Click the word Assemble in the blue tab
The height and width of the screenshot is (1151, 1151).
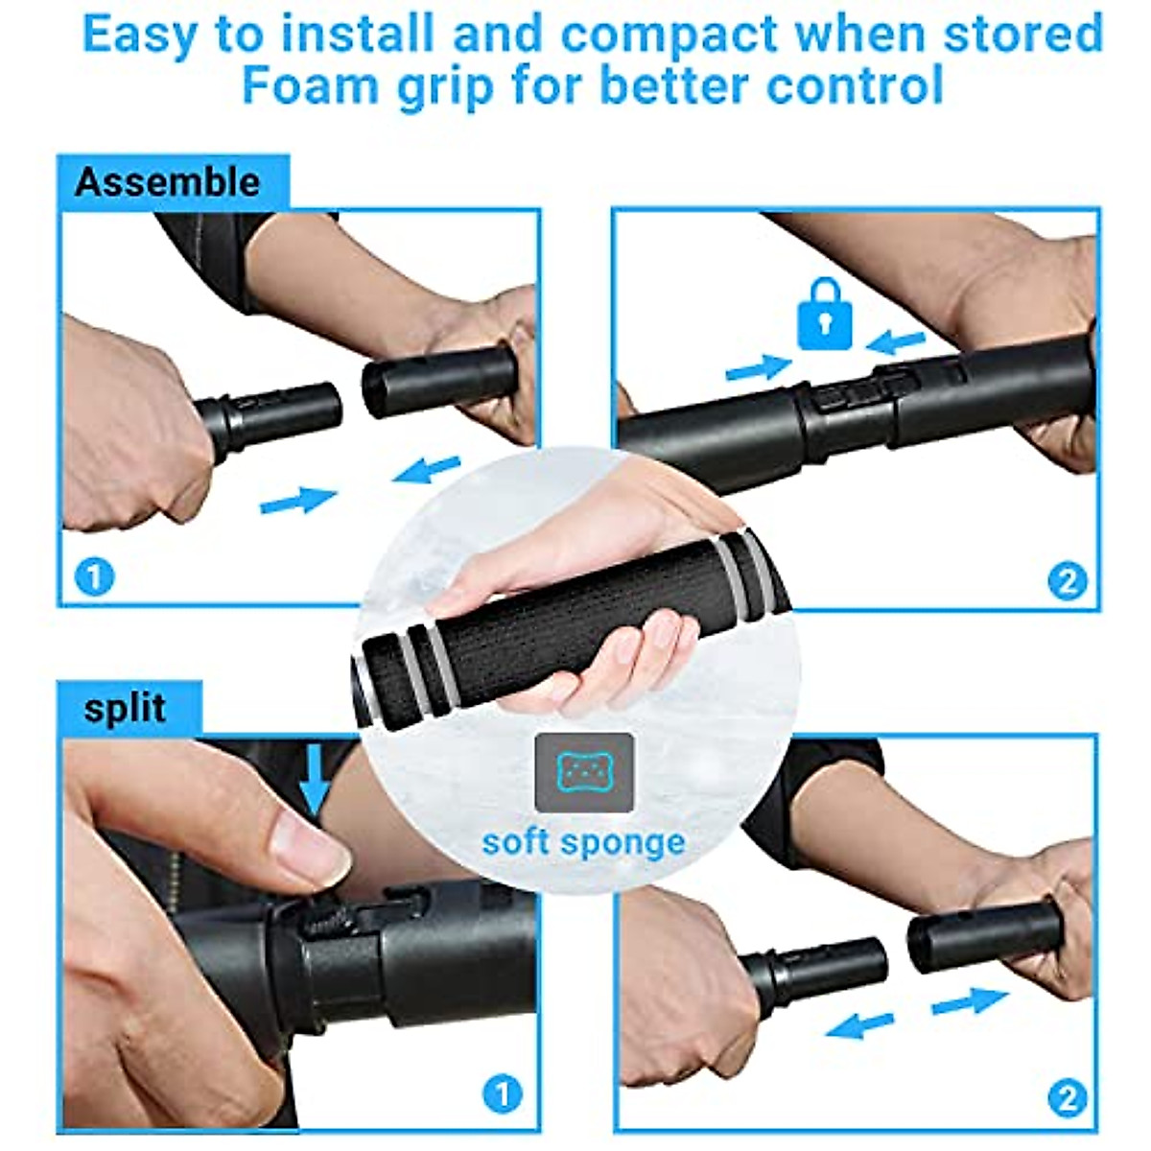pyautogui.click(x=167, y=182)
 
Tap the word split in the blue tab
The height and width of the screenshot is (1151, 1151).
pyautogui.click(x=125, y=709)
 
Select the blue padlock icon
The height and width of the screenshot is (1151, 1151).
pyautogui.click(x=824, y=314)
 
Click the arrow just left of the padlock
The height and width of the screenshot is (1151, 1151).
pyautogui.click(x=758, y=367)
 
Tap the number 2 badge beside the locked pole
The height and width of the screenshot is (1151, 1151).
pyautogui.click(x=1067, y=580)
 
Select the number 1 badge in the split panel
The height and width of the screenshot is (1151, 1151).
pyautogui.click(x=502, y=1093)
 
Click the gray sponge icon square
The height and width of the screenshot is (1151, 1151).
pyautogui.click(x=584, y=772)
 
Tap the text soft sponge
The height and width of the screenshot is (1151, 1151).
pyautogui.click(x=583, y=842)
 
